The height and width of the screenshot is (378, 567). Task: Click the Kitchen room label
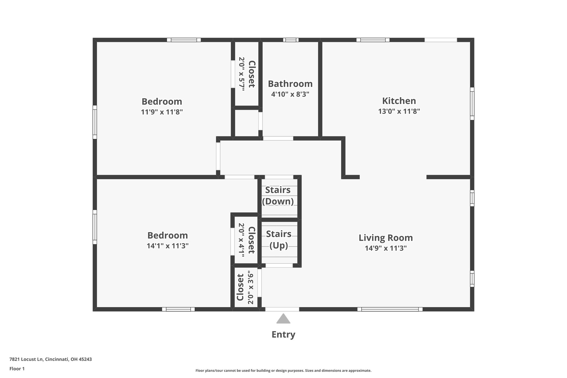pyautogui.click(x=399, y=101)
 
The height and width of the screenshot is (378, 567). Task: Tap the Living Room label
pyautogui.click(x=386, y=238)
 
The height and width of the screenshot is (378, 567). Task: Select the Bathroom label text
pyautogui.click(x=290, y=84)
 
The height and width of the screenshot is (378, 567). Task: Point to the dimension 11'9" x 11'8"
pyautogui.click(x=162, y=112)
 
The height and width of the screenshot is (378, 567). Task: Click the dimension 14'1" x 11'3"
pyautogui.click(x=167, y=246)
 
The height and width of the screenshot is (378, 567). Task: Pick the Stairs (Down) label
pyautogui.click(x=278, y=196)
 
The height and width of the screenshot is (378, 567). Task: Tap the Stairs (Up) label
pyautogui.click(x=279, y=240)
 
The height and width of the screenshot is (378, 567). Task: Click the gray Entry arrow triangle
pyautogui.click(x=283, y=318)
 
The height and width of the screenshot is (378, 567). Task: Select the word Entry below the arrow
pyautogui.click(x=283, y=335)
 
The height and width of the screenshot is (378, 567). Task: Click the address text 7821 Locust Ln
pyautogui.click(x=26, y=359)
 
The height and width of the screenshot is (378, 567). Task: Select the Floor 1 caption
pyautogui.click(x=17, y=369)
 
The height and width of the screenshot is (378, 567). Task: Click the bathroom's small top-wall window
pyautogui.click(x=291, y=40)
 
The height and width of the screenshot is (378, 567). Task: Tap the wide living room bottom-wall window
pyautogui.click(x=390, y=309)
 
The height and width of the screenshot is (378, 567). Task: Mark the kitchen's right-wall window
pyautogui.click(x=472, y=104)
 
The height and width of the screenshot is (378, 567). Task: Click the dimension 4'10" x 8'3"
pyautogui.click(x=290, y=94)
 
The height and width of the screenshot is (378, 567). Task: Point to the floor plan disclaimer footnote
pyautogui.click(x=283, y=371)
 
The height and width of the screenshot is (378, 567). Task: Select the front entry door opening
pyautogui.click(x=282, y=309)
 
